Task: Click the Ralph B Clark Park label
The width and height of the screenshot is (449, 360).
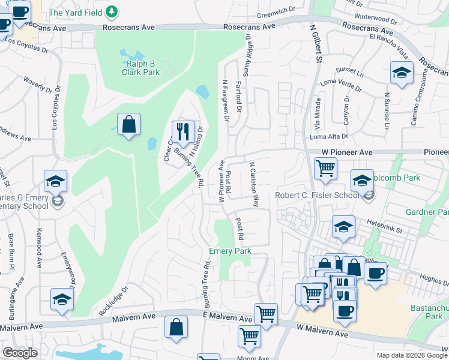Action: coord(142,67)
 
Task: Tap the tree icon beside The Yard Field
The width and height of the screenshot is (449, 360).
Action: coord(111,11)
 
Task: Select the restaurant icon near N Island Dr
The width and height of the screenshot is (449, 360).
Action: coord(184,131)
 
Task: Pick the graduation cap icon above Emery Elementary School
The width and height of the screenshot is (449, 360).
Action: coord(56,181)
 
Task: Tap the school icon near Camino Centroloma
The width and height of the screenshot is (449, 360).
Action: coord(402,73)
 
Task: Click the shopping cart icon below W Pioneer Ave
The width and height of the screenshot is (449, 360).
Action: coord(325,168)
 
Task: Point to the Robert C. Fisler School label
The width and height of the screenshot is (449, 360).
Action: coord(316,195)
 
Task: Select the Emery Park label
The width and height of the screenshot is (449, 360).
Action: coord(229,251)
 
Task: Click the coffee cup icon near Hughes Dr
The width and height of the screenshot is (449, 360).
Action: coord(375,273)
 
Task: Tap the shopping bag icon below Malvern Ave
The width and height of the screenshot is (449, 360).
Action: coord(175,327)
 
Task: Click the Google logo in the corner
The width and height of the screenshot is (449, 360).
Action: coord(20,353)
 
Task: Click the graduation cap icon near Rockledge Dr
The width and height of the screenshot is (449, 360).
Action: coord(62,299)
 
